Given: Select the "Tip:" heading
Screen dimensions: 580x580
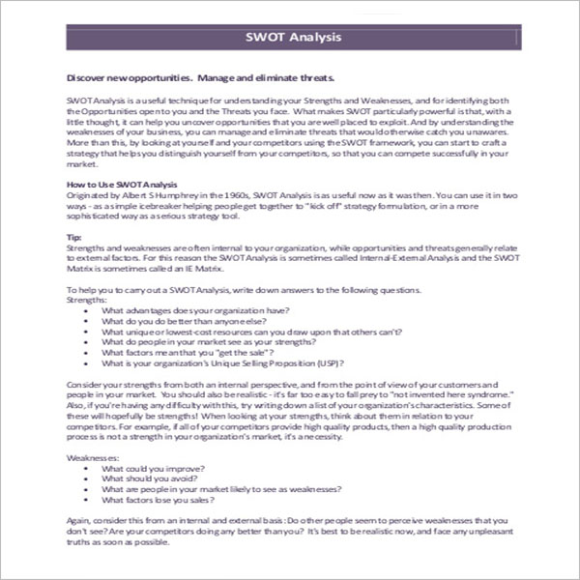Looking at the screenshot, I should (73, 236).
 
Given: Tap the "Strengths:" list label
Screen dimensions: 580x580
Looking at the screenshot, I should (89, 300).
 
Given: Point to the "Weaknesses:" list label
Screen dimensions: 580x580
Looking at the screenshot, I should (94, 455).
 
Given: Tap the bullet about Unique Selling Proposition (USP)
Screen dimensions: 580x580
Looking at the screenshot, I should (222, 363).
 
